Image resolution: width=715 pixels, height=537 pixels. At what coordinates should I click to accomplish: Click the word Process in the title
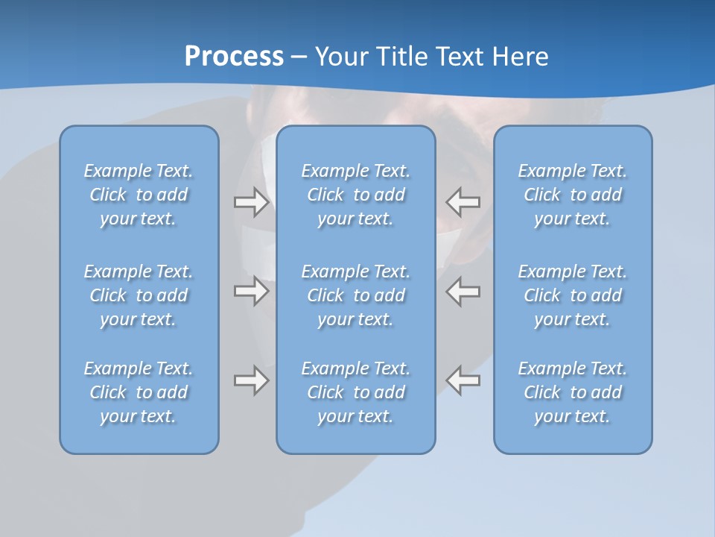234,57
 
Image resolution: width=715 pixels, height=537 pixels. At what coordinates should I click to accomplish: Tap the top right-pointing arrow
251,202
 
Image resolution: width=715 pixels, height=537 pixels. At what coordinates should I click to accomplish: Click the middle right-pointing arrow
251,291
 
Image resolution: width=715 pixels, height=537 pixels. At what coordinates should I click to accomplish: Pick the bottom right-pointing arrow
251,380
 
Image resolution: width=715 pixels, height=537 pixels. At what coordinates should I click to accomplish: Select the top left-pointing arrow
463,202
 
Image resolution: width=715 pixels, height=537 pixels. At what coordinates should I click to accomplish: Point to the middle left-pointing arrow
463,291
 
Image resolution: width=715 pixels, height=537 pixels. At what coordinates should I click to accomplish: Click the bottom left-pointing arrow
463,380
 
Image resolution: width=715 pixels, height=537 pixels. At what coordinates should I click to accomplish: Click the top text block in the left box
139,195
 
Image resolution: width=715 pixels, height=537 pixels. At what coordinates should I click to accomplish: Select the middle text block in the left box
139,295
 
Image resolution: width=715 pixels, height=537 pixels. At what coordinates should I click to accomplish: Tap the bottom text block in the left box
139,392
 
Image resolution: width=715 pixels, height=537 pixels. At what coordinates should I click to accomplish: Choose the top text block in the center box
355,195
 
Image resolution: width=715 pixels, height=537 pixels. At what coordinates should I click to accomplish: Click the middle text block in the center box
355,295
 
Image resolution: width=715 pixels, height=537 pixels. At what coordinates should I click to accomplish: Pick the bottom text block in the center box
355,392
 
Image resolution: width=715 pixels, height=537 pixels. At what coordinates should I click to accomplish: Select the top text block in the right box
572,195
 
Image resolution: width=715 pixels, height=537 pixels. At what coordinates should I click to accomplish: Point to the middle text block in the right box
572,295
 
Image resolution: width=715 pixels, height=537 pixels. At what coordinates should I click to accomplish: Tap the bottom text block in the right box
572,392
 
